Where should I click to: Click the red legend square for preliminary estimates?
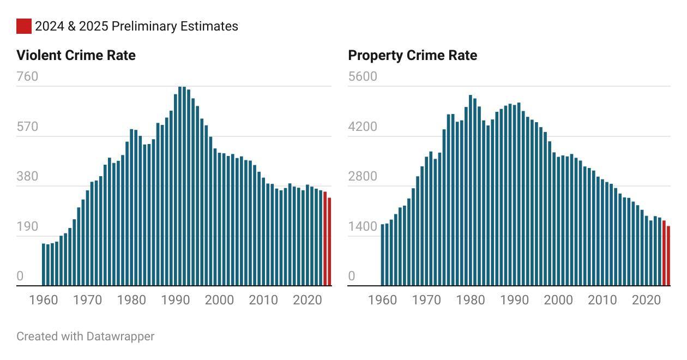24,26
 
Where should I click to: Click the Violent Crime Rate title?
76,55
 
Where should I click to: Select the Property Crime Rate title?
412,55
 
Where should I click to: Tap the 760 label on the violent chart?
27,76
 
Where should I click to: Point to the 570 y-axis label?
27,127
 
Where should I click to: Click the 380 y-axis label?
27,177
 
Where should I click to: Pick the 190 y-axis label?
27,227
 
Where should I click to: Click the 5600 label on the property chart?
363,76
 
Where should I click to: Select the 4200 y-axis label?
363,127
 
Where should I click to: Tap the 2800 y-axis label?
363,177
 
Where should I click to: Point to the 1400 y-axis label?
363,227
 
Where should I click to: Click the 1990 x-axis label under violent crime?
176,300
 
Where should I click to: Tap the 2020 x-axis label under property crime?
646,300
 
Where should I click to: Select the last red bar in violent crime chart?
329,242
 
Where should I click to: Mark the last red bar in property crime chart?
668,256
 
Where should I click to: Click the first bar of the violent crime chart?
44,265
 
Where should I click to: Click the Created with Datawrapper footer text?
85,336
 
